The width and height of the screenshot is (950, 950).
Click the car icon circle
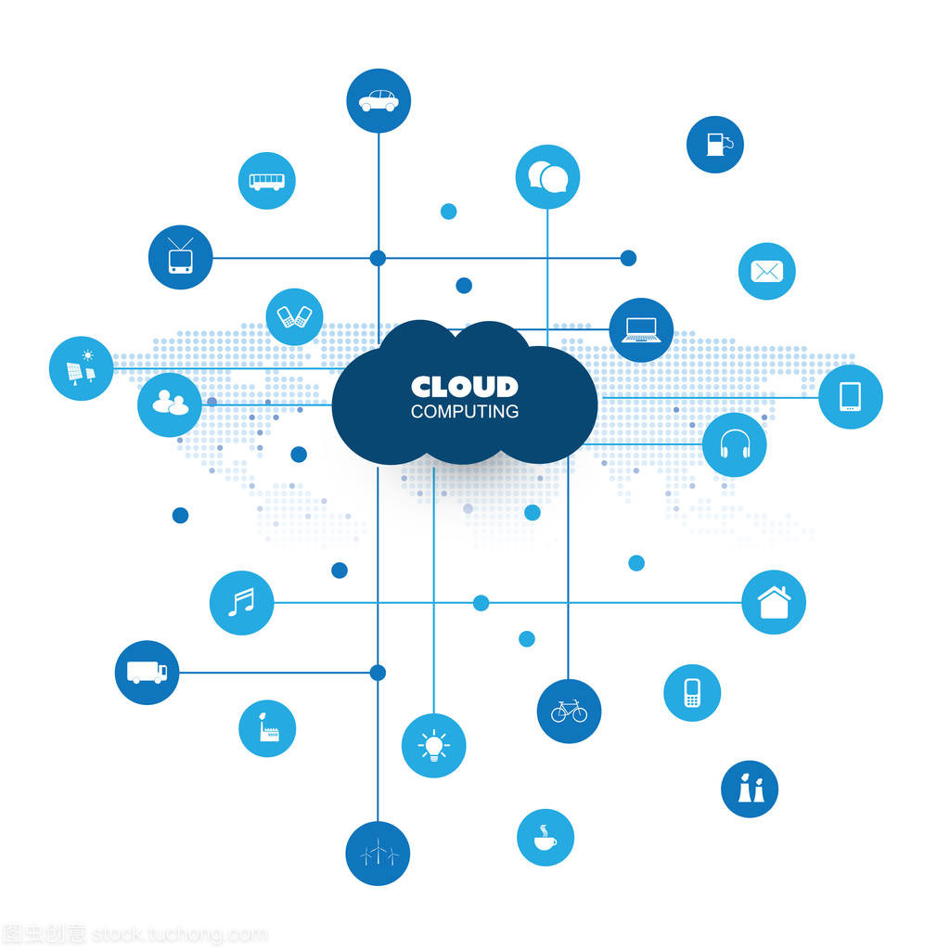(x=379, y=100)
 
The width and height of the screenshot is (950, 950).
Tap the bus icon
(x=266, y=181)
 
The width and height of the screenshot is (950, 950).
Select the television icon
(x=180, y=257)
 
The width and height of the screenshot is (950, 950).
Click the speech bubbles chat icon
(x=547, y=176)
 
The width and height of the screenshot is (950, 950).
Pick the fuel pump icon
(x=715, y=144)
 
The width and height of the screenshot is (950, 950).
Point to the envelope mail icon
(x=767, y=271)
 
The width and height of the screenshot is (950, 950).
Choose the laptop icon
(x=641, y=330)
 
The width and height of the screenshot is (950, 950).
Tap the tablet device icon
(x=851, y=397)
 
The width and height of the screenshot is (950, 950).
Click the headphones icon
(x=735, y=445)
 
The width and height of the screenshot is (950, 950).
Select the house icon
(x=774, y=602)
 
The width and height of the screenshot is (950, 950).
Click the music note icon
(x=241, y=603)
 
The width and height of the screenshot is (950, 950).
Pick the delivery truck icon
(x=147, y=673)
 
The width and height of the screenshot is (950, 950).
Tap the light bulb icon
(x=433, y=746)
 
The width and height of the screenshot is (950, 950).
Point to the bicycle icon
(x=569, y=712)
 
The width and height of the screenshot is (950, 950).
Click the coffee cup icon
(x=546, y=838)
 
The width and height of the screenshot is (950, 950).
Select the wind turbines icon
(x=378, y=854)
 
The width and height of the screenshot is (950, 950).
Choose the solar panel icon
(x=81, y=368)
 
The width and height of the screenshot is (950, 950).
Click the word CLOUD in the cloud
(x=464, y=387)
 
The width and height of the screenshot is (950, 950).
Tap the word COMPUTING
(x=464, y=411)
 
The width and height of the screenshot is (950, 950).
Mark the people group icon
(x=170, y=404)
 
